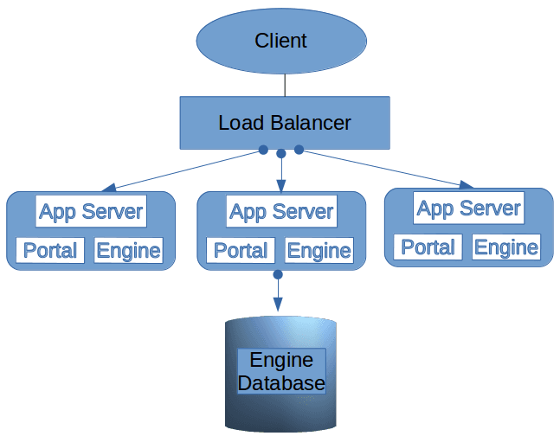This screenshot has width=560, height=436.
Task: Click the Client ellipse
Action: click(280, 40)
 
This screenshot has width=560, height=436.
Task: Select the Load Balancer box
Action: click(285, 122)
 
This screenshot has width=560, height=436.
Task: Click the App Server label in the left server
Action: click(91, 212)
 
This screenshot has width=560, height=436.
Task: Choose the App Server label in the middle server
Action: click(281, 212)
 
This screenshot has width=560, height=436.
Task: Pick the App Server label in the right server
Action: click(468, 208)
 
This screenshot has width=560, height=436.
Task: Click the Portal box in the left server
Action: click(50, 251)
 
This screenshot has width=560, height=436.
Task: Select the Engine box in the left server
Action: click(128, 251)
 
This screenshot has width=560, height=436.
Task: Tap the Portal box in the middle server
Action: click(241, 251)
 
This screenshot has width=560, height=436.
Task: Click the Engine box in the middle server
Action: click(319, 251)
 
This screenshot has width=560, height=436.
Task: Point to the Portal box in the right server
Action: click(428, 247)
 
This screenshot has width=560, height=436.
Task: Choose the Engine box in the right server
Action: click(506, 247)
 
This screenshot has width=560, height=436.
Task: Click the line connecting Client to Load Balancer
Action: click(285, 85)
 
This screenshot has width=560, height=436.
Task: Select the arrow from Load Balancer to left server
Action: click(186, 170)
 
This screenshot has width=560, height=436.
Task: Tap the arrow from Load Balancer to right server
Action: click(381, 168)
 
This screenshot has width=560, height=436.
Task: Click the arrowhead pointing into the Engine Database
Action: click(278, 305)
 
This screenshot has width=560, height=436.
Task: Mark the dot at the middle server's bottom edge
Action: click(278, 274)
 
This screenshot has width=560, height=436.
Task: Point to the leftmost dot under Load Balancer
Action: click(263, 150)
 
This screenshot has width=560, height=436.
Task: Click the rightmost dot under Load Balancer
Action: click(299, 150)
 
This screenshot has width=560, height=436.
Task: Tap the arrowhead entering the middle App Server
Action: click(280, 185)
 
